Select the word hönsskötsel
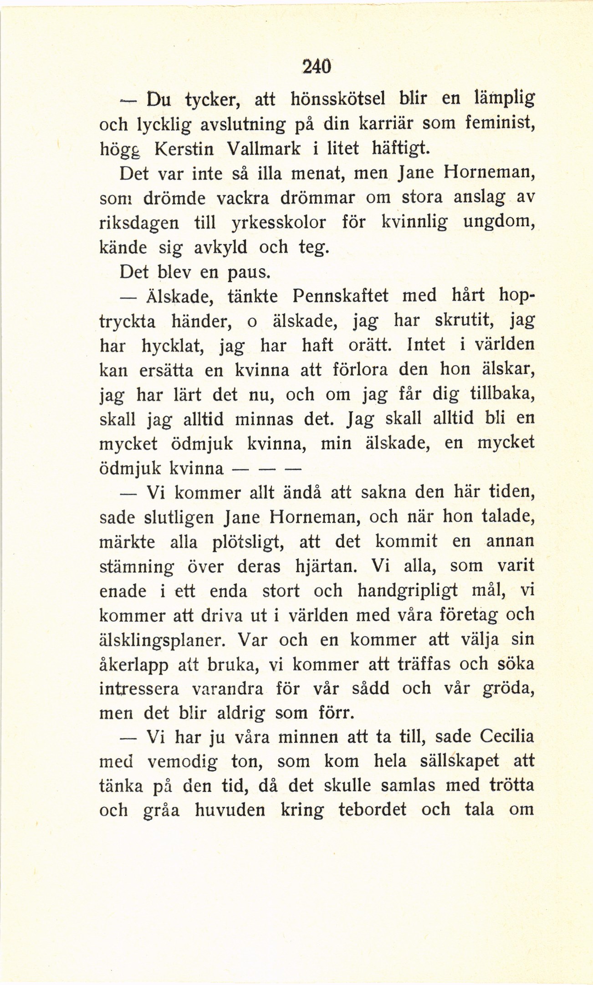(339, 98)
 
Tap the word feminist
(499, 123)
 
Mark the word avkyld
(220, 247)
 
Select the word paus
(249, 273)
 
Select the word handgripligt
(407, 590)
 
